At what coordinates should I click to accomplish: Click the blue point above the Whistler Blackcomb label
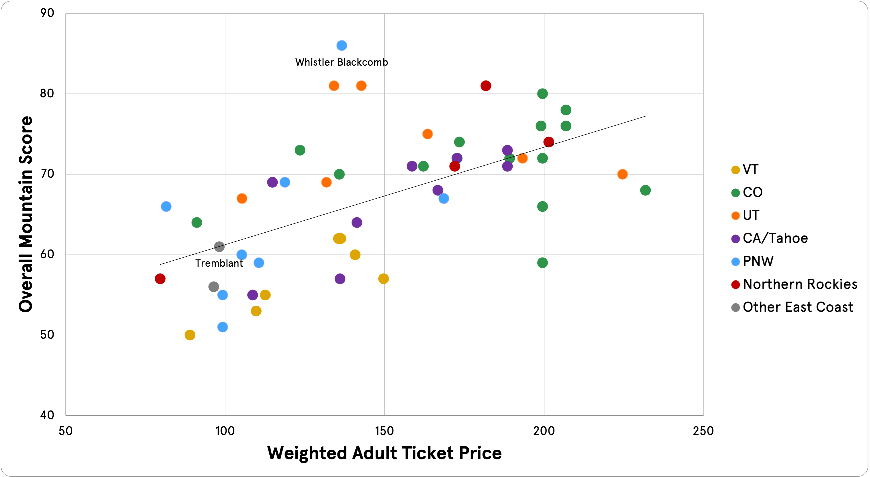pyautogui.click(x=341, y=45)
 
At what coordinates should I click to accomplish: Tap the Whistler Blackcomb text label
pyautogui.click(x=341, y=62)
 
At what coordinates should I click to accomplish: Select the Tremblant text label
pyautogui.click(x=219, y=263)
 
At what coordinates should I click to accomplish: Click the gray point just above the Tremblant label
pyautogui.click(x=219, y=247)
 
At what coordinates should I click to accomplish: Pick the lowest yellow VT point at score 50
pyautogui.click(x=190, y=335)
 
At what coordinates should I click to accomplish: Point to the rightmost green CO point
pyautogui.click(x=645, y=190)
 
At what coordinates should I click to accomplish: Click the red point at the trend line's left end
pyautogui.click(x=160, y=279)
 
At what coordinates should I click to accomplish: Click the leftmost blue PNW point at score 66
pyautogui.click(x=166, y=206)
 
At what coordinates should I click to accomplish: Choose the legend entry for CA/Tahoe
pyautogui.click(x=775, y=238)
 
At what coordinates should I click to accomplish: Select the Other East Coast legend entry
pyautogui.click(x=797, y=307)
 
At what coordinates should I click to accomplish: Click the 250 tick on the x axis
pyautogui.click(x=703, y=431)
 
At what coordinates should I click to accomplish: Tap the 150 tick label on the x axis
pyautogui.click(x=384, y=431)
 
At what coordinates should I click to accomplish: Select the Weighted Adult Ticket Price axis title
pyautogui.click(x=384, y=453)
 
